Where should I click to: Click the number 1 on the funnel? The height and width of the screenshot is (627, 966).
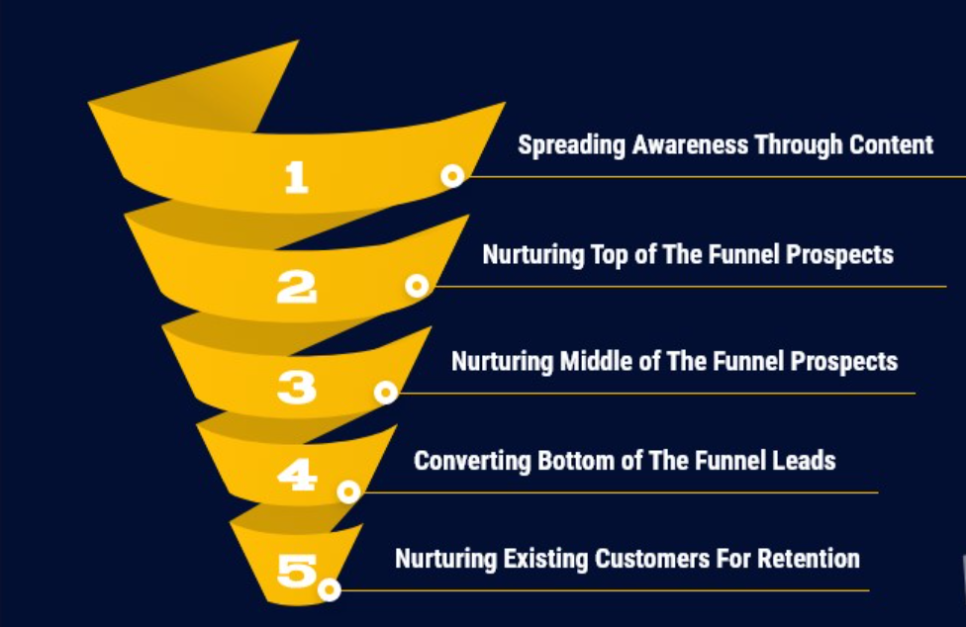(296, 178)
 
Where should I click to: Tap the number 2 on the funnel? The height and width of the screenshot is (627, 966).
(296, 288)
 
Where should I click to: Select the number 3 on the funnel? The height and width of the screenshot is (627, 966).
(296, 388)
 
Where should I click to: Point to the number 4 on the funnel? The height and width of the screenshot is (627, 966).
(297, 478)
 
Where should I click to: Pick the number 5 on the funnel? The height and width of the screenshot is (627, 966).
(296, 570)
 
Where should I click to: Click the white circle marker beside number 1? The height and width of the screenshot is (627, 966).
(452, 176)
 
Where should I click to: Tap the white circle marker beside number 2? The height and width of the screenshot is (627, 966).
(417, 286)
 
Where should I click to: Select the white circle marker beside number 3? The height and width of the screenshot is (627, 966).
(386, 393)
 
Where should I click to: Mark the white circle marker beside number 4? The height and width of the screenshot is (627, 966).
(347, 492)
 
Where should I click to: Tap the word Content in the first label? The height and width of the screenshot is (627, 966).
(894, 145)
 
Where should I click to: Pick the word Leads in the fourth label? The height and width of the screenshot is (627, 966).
(806, 461)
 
